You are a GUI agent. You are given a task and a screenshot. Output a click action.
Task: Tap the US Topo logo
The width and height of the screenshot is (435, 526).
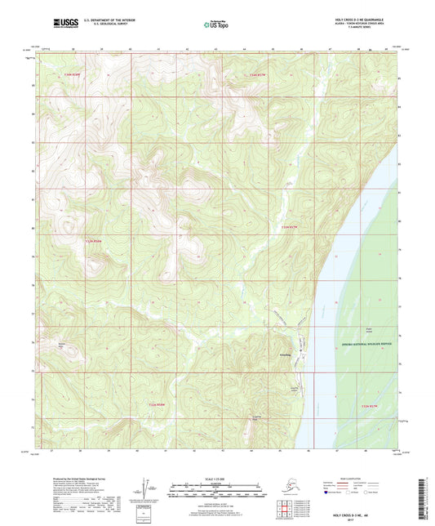coord(217,26)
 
